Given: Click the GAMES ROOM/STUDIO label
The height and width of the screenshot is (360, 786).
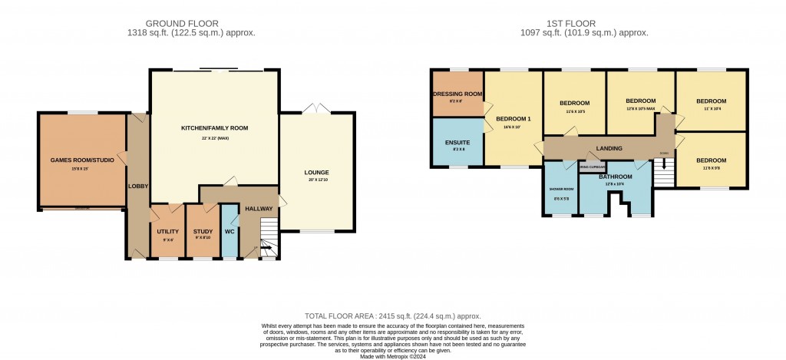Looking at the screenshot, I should (x=81, y=160).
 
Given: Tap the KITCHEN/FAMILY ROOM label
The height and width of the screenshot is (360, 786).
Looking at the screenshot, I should (x=214, y=128).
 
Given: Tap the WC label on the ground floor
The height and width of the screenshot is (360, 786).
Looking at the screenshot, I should (x=230, y=230).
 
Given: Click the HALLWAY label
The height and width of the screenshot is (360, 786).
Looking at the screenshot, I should (x=259, y=208).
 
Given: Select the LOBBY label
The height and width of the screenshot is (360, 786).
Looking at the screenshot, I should (x=138, y=186).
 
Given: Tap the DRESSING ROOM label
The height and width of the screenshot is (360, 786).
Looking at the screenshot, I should (x=457, y=94).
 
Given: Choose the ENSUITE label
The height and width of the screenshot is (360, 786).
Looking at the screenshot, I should (x=457, y=143).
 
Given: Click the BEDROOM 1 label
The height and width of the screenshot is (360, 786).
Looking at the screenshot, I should (x=514, y=119).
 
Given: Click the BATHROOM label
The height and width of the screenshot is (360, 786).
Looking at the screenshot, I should (x=615, y=177).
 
